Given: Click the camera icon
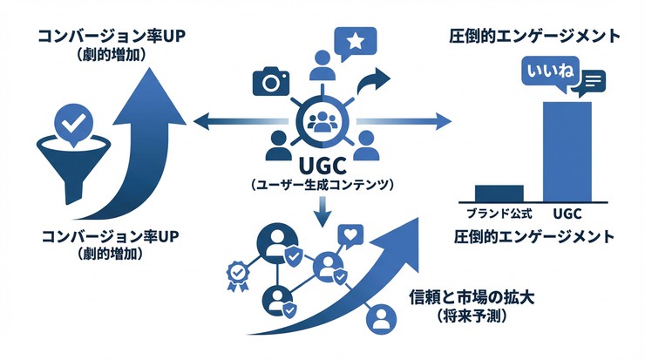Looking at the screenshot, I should (270, 81).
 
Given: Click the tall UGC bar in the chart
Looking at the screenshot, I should (567, 150).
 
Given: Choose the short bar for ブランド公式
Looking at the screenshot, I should (499, 193).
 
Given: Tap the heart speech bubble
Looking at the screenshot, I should (352, 235).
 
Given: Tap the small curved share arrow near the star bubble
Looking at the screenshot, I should (380, 81).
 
